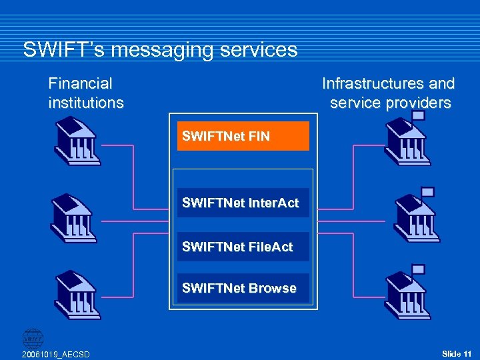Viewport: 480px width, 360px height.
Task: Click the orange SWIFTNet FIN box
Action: pos(243,136)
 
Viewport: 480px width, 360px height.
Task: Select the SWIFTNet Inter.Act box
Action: pos(243,203)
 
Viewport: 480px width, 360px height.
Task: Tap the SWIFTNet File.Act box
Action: pos(243,247)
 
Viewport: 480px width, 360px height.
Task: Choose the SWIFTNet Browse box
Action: pos(243,288)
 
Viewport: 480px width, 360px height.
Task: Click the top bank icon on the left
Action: pos(78,141)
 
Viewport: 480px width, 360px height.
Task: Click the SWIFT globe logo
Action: pos(33,337)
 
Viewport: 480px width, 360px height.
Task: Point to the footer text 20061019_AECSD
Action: pos(55,353)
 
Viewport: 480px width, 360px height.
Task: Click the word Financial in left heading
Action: pos(80,83)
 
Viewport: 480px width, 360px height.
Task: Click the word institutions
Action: pos(86,103)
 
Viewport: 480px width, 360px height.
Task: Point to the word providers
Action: pos(419,103)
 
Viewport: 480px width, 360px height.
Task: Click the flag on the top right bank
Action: pos(418,115)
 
